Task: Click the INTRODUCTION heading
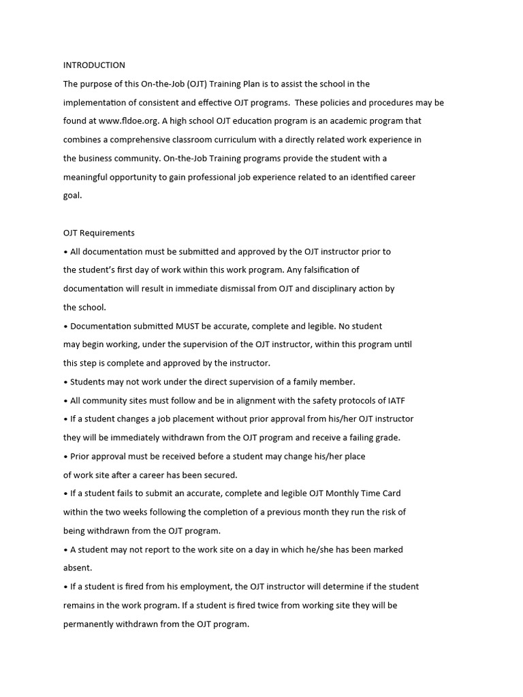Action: [94, 65]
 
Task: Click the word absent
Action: [77, 568]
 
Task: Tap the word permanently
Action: [92, 623]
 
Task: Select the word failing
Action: [358, 438]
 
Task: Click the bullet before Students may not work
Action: [65, 382]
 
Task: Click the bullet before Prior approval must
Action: [65, 456]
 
